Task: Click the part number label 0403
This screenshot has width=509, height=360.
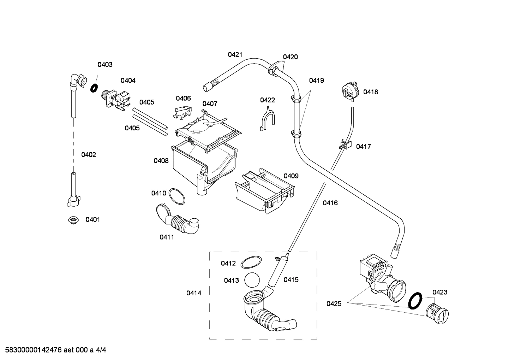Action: coord(105,65)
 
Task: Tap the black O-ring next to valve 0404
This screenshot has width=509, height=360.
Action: coord(94,88)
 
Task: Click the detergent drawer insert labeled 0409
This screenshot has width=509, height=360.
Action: coord(265,191)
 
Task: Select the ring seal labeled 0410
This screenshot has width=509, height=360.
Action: coord(176,196)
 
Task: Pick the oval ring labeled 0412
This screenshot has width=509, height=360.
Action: coord(251,263)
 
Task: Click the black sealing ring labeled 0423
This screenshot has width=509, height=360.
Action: coord(415,300)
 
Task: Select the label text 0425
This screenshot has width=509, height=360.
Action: coord(334,303)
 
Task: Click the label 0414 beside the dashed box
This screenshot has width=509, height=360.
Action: coord(194,293)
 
